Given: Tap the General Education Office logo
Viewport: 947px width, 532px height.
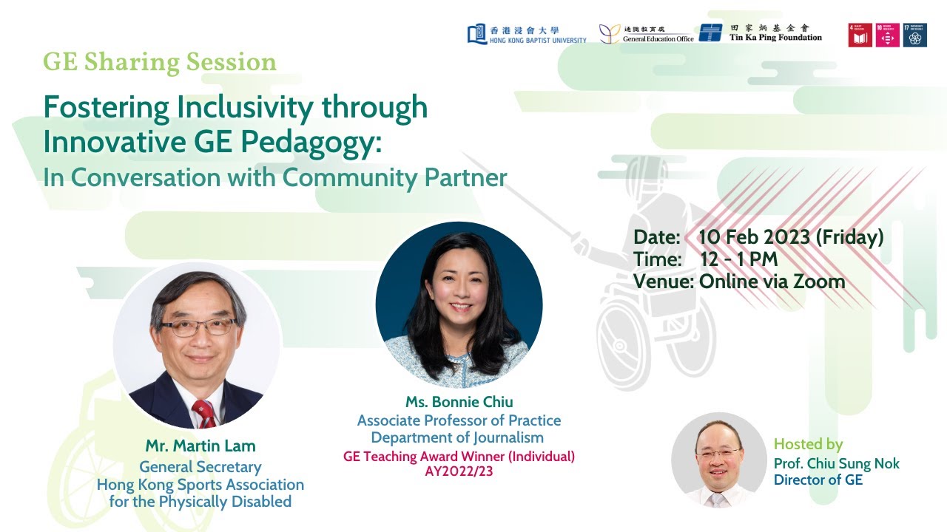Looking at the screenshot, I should click(646, 34).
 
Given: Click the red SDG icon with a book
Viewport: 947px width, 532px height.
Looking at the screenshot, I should click(860, 35).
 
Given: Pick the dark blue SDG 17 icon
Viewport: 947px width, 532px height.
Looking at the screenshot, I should click(914, 35).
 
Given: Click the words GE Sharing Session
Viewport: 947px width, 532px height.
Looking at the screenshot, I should click(160, 62).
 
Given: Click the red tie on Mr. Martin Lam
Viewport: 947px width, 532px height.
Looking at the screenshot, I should click(203, 414).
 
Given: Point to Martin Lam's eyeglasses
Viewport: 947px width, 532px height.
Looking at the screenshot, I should click(198, 327).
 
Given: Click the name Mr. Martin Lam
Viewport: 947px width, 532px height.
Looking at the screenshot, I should click(200, 446).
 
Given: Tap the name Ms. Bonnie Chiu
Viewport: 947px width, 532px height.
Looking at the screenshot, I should click(459, 402).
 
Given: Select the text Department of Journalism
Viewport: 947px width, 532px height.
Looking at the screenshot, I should click(457, 437).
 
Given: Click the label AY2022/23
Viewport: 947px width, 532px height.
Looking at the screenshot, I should click(459, 471).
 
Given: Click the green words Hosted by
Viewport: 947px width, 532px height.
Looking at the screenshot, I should click(808, 444).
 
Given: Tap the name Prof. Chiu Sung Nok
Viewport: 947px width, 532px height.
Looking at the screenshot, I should click(836, 463).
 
